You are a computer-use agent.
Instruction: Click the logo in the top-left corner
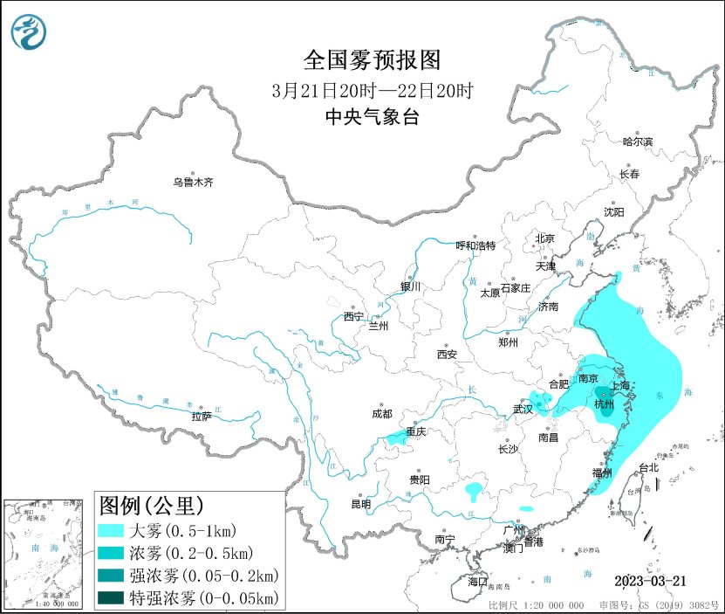coord(28,32)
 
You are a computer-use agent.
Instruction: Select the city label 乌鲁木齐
coord(192,183)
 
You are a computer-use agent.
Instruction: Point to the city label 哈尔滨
coord(637,141)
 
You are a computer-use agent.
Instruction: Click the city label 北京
coord(544,238)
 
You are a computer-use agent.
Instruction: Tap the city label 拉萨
coord(201,416)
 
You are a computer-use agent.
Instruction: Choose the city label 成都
coord(381,414)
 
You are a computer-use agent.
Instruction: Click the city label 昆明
coord(360,504)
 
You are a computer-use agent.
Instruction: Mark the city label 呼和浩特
coord(475,245)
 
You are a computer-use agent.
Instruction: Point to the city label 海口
coord(477,582)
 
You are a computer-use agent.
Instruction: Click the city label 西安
coord(447,355)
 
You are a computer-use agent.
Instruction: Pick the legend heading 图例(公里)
coord(152,506)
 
